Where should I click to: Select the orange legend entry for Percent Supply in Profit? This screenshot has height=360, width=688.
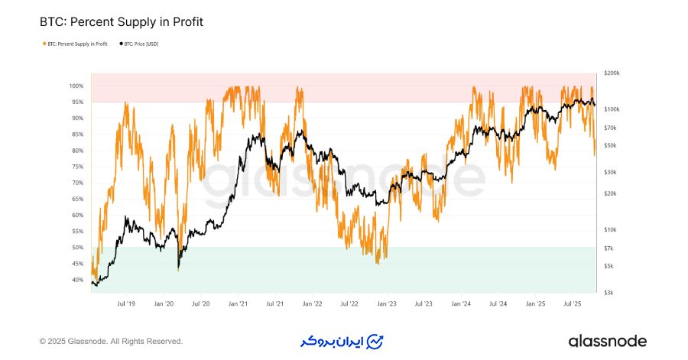tap(76, 44)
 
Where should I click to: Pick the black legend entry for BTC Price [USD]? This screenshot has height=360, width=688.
tap(141, 44)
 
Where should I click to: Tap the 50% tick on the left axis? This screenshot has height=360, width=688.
tap(77, 248)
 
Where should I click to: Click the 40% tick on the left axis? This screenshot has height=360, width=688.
tap(77, 280)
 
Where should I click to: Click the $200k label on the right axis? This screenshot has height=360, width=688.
tap(611, 73)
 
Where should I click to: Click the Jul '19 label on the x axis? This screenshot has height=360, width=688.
tap(126, 303)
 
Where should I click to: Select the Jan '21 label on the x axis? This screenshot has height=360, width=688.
tap(238, 303)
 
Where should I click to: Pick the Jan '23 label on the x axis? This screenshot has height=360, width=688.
tap(387, 303)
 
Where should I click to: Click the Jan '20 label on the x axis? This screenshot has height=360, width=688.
tap(164, 303)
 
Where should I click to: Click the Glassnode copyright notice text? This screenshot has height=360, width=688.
tap(111, 341)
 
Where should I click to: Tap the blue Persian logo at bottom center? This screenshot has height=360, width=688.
tap(343, 340)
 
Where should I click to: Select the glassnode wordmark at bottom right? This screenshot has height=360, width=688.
tap(607, 341)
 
